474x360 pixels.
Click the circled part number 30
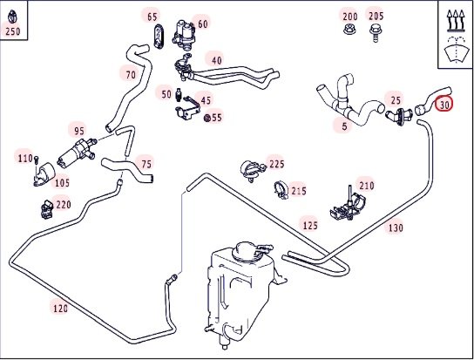pyautogui.click(x=444, y=105)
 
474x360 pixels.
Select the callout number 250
pyautogui.click(x=13, y=31)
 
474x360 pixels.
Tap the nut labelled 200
pyautogui.click(x=349, y=30)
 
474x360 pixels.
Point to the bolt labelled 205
pyautogui.click(x=376, y=32)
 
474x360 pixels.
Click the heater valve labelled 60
pyautogui.click(x=184, y=33)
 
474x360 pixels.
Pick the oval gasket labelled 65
pyautogui.click(x=159, y=37)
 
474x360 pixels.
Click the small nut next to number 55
pyautogui.click(x=207, y=118)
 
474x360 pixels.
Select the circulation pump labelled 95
pyautogui.click(x=76, y=152)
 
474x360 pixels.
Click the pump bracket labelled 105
pyautogui.click(x=44, y=174)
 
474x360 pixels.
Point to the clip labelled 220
pyautogui.click(x=47, y=209)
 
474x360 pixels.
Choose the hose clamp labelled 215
pyautogui.click(x=281, y=191)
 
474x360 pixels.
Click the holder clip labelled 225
pyautogui.click(x=252, y=171)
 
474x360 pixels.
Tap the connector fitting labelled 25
pyautogui.click(x=399, y=116)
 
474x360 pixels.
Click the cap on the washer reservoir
pyautogui.click(x=245, y=251)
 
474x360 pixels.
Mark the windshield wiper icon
pyautogui.click(x=455, y=50)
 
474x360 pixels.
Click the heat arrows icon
pyautogui.click(x=455, y=21)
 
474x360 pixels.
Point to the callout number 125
pyautogui.click(x=310, y=225)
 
